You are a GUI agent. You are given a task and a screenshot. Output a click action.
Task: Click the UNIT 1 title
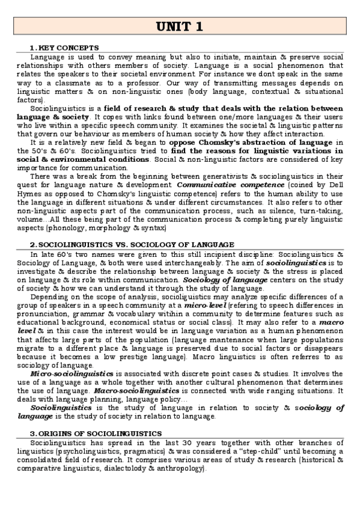click(180, 27)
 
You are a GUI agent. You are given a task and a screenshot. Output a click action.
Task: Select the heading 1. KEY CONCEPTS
click(64, 48)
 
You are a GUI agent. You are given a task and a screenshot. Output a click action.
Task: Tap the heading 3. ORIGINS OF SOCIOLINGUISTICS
click(96, 434)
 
